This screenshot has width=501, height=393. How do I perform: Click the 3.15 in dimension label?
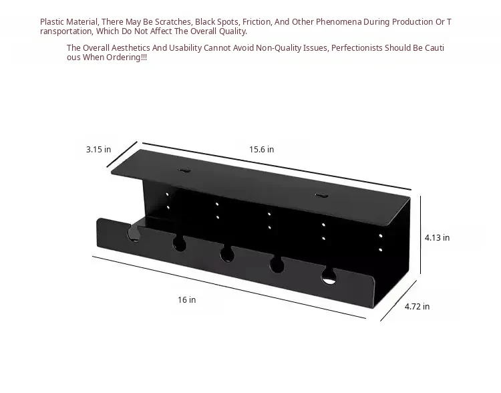(98, 149)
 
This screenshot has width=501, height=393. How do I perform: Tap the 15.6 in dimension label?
(261, 149)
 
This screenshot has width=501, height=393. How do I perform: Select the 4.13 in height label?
(437, 237)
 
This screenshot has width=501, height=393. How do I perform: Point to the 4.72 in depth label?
(417, 306)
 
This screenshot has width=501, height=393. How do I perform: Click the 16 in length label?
(186, 299)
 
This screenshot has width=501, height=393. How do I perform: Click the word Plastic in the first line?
(52, 22)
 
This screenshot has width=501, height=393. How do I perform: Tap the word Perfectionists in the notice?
(357, 48)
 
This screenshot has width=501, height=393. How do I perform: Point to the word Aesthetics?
(131, 48)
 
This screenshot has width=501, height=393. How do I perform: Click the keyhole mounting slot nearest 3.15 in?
(184, 170)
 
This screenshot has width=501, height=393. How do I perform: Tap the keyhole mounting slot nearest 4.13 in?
(321, 195)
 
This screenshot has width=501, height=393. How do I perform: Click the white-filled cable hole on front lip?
(329, 277)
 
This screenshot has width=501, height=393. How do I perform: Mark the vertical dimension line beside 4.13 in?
(420, 235)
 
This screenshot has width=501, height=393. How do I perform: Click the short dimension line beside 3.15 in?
(122, 154)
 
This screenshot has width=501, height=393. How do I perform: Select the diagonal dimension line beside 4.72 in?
(398, 301)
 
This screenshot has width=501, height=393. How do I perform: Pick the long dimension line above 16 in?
(229, 287)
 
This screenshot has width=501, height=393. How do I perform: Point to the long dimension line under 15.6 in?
(277, 166)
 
